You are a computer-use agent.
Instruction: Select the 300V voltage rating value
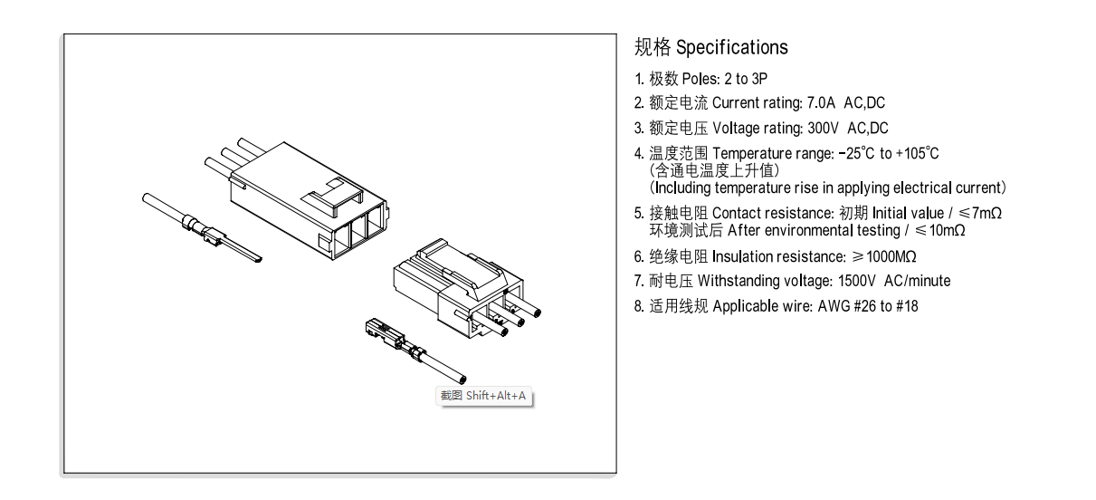coord(823,129)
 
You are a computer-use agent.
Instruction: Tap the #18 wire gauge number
coord(907,306)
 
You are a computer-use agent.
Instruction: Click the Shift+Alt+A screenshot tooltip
coord(483,396)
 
